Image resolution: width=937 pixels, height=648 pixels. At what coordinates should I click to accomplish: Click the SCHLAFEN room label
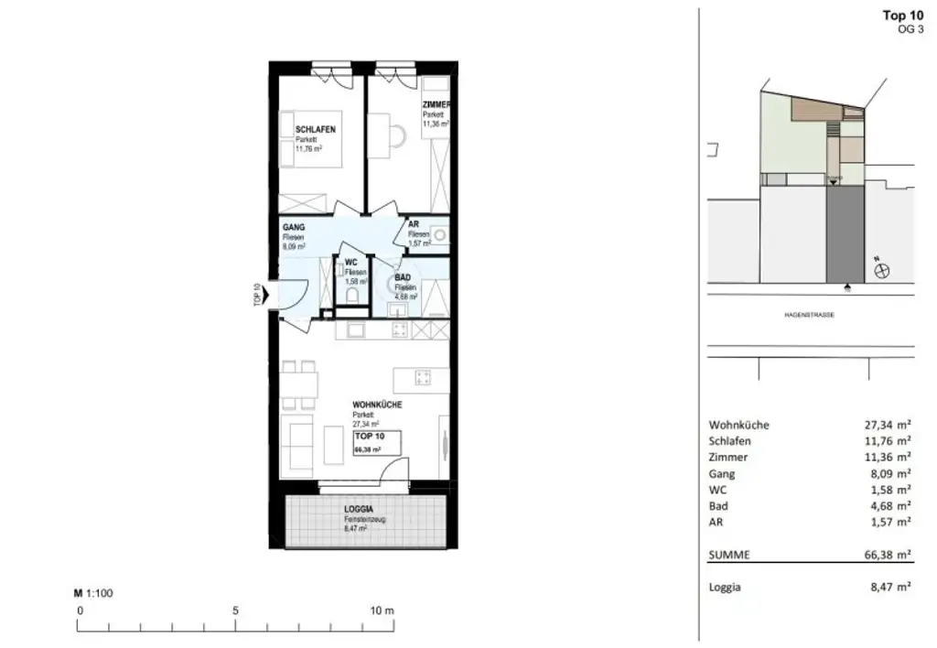315,130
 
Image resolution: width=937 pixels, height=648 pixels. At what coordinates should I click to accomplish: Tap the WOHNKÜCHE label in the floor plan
378,405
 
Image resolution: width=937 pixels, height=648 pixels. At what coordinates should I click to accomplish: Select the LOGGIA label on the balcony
359,509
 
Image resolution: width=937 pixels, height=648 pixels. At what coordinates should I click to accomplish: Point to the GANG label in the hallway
294,227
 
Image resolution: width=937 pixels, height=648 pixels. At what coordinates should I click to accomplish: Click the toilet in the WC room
353,294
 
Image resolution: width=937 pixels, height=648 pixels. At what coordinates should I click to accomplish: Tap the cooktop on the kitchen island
423,376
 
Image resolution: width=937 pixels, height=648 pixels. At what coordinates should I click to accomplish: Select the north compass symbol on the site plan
883,270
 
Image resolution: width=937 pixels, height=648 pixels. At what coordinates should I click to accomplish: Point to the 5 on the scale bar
236,610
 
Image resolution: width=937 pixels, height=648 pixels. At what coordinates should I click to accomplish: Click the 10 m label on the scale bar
382,610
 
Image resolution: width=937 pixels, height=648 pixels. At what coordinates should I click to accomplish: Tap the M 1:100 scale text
93,593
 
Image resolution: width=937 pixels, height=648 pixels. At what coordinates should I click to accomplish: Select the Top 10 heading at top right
902,15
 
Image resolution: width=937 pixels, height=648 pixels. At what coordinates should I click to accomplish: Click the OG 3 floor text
910,29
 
